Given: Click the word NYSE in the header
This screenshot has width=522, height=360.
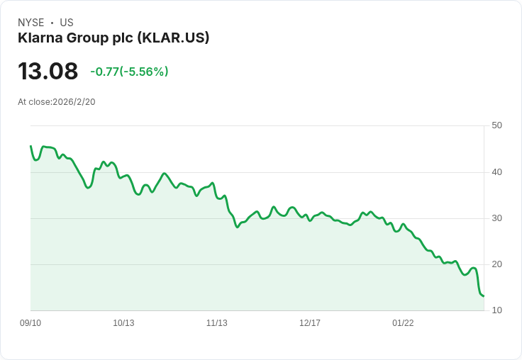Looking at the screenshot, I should (x=31, y=23).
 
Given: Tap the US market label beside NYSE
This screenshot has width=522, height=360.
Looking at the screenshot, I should (x=67, y=23).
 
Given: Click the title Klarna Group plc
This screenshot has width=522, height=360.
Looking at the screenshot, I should (x=74, y=38).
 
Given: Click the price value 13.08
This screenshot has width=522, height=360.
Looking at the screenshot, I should (x=48, y=72).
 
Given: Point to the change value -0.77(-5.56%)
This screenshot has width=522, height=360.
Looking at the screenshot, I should (x=129, y=72).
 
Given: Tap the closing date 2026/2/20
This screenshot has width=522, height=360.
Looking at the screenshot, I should (x=74, y=102).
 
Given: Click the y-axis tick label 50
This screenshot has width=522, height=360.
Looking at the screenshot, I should (x=496, y=125).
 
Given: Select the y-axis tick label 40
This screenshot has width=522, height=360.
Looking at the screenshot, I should (x=496, y=171).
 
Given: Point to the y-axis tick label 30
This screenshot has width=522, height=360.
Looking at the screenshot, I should (x=496, y=218).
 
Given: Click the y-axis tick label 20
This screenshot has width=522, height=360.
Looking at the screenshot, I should (x=496, y=264).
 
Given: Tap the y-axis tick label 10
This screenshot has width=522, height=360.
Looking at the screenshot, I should (x=496, y=310).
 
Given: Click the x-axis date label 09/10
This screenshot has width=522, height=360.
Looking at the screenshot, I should (x=30, y=323).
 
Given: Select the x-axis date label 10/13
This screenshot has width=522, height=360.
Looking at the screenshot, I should (x=123, y=323).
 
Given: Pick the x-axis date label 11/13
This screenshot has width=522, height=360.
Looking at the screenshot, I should (x=217, y=323).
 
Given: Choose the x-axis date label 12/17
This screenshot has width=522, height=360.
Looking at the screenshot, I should (x=310, y=323).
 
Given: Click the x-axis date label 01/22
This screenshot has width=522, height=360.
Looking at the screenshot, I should (x=403, y=323).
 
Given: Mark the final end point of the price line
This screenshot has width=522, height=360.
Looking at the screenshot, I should (x=483, y=296).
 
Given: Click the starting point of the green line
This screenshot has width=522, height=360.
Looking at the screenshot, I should (x=30, y=146).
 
